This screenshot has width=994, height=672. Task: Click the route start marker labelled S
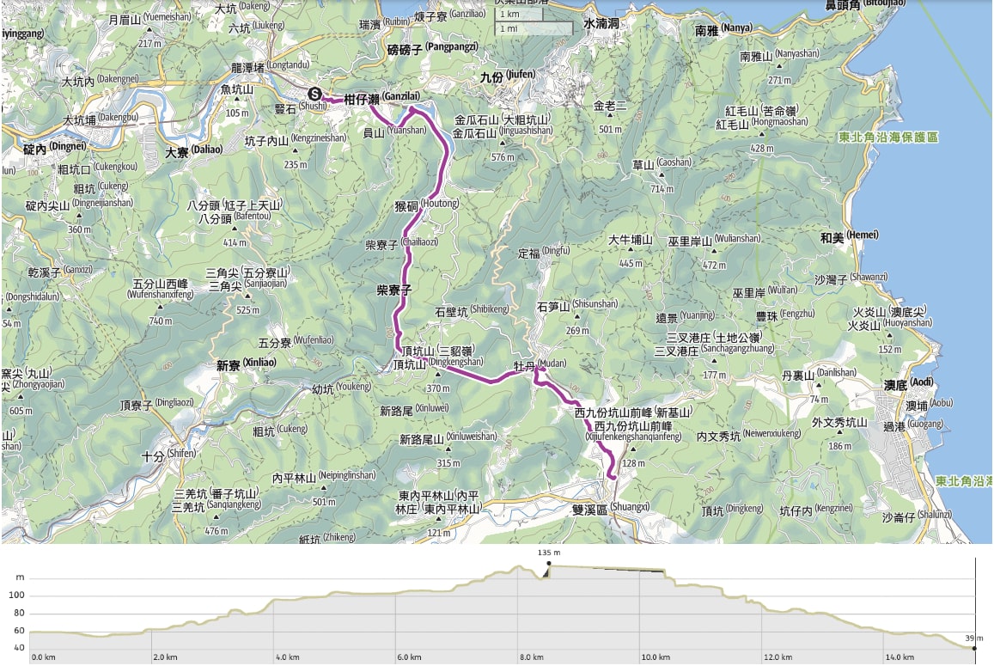point(316,95)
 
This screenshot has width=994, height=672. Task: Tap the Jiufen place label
point(507,76)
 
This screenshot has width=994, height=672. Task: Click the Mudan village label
point(540,365)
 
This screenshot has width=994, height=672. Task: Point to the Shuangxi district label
point(610,508)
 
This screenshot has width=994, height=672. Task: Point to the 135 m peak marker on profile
point(548,564)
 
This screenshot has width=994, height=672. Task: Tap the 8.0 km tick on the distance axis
point(532,657)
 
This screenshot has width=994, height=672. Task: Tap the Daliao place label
point(193,152)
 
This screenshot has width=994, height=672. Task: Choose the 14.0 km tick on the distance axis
point(899,657)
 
